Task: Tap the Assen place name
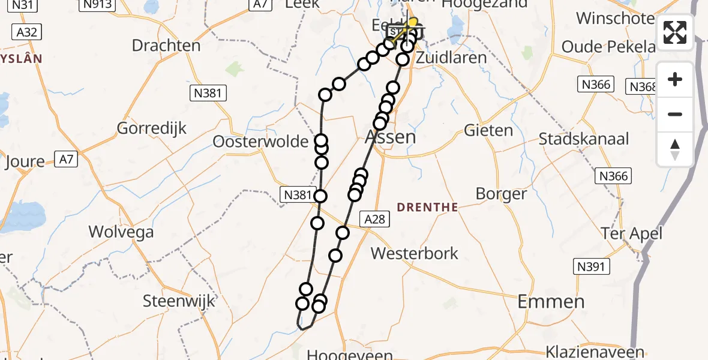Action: pyautogui.click(x=390, y=137)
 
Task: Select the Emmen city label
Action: pyautogui.click(x=550, y=302)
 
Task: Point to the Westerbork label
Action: pyautogui.click(x=414, y=253)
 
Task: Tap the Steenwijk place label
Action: pyautogui.click(x=179, y=301)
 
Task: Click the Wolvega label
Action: pyautogui.click(x=121, y=232)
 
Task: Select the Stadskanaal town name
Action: pyautogui.click(x=584, y=139)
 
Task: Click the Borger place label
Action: pyautogui.click(x=501, y=194)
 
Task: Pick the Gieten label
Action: pyautogui.click(x=489, y=130)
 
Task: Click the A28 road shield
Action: pyautogui.click(x=375, y=219)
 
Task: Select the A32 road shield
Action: pyautogui.click(x=28, y=32)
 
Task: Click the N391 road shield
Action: pyautogui.click(x=591, y=266)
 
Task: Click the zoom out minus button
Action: pyautogui.click(x=675, y=115)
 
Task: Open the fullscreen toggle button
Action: pyautogui.click(x=675, y=32)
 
